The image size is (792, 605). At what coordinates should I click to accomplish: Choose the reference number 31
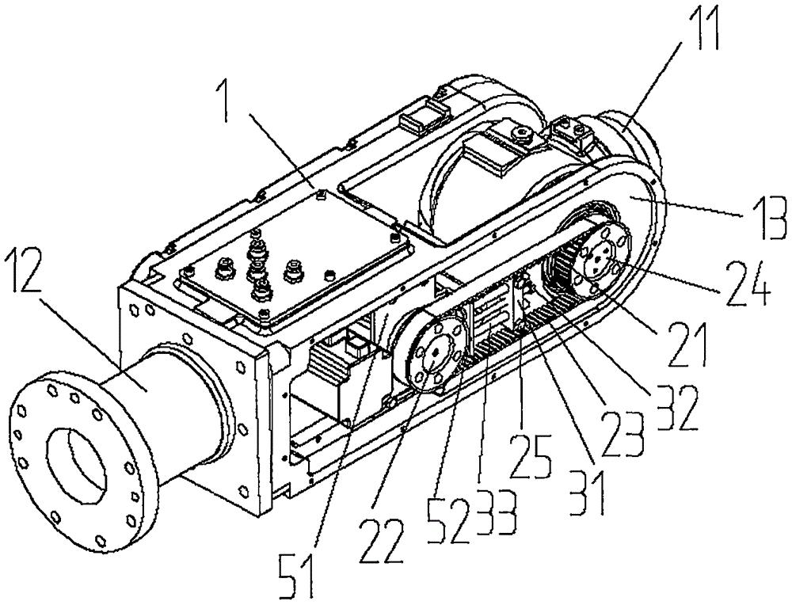(x=584, y=487)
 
